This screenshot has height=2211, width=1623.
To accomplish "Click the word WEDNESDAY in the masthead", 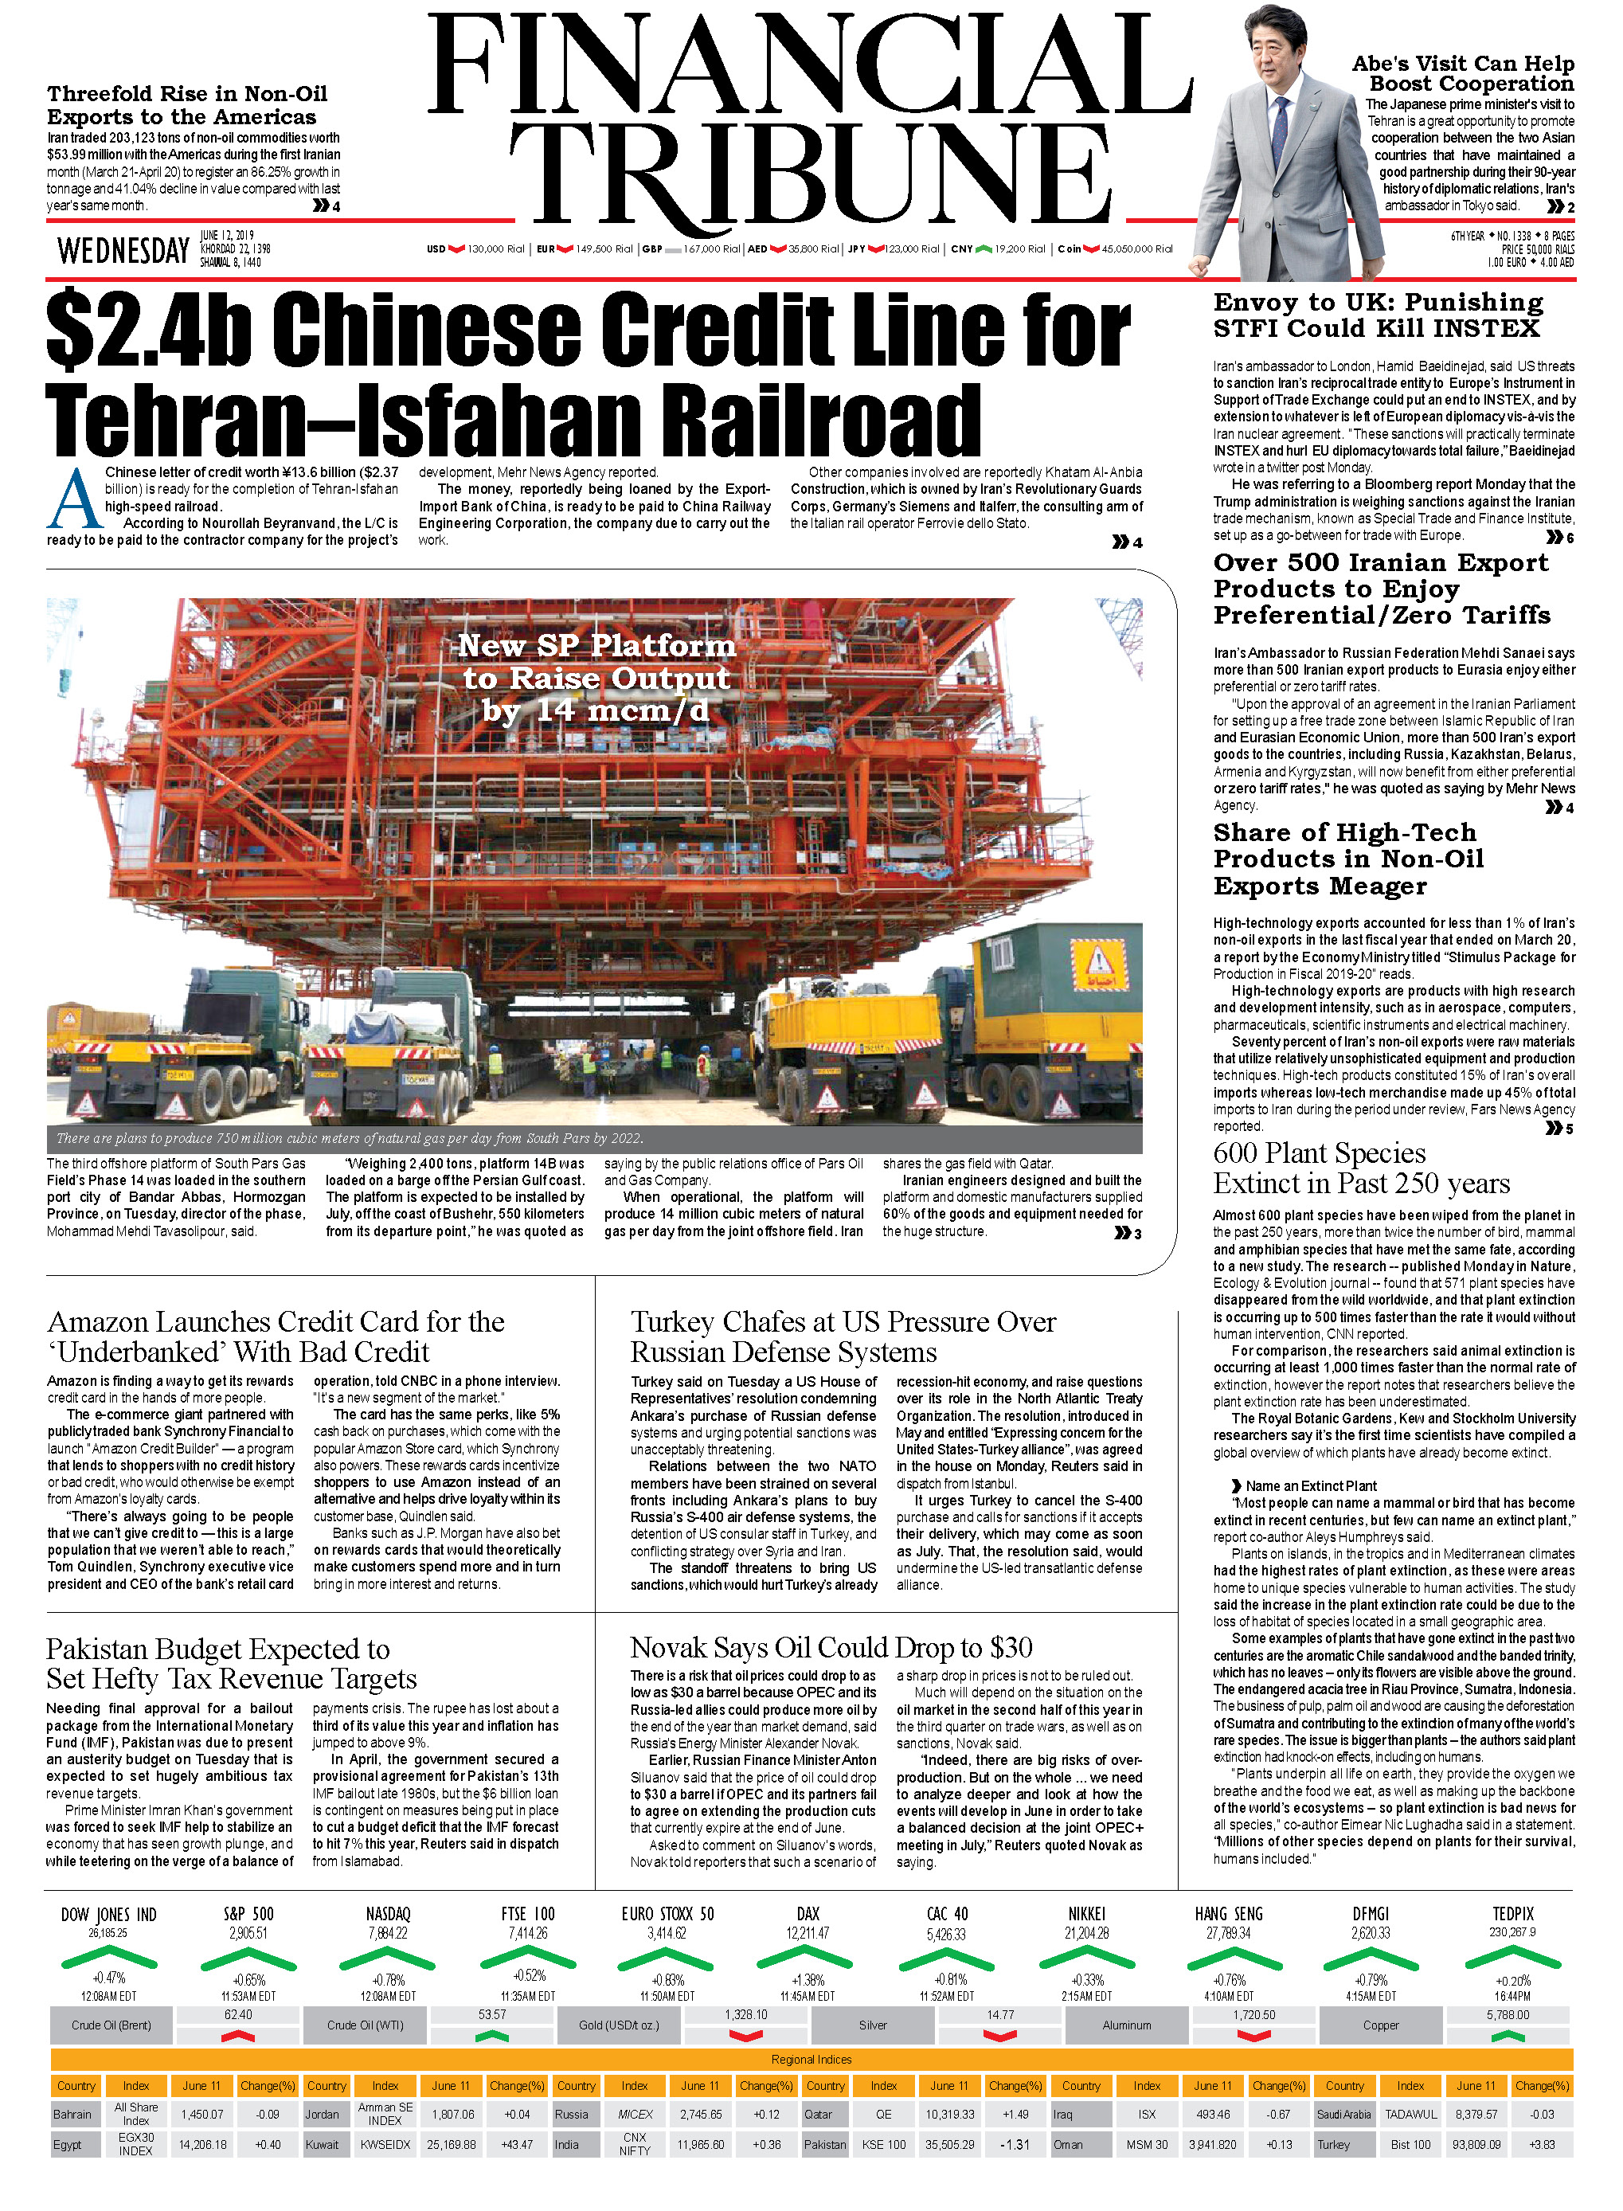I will [x=123, y=251].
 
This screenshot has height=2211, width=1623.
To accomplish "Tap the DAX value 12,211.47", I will [x=808, y=1932].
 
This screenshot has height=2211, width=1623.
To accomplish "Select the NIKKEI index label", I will [x=1086, y=1913].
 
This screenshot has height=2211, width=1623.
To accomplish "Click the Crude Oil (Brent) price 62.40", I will [x=238, y=2013].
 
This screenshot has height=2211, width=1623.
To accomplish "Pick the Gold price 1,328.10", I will [x=745, y=2013].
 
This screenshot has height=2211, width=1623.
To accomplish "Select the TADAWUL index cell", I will [x=1411, y=2114].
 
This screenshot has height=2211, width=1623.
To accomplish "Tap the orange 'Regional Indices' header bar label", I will [x=811, y=2059].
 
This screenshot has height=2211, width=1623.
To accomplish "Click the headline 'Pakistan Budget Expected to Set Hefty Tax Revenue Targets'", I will [x=231, y=1664].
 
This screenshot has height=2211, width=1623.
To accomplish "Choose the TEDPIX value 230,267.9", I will [x=1512, y=1932].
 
